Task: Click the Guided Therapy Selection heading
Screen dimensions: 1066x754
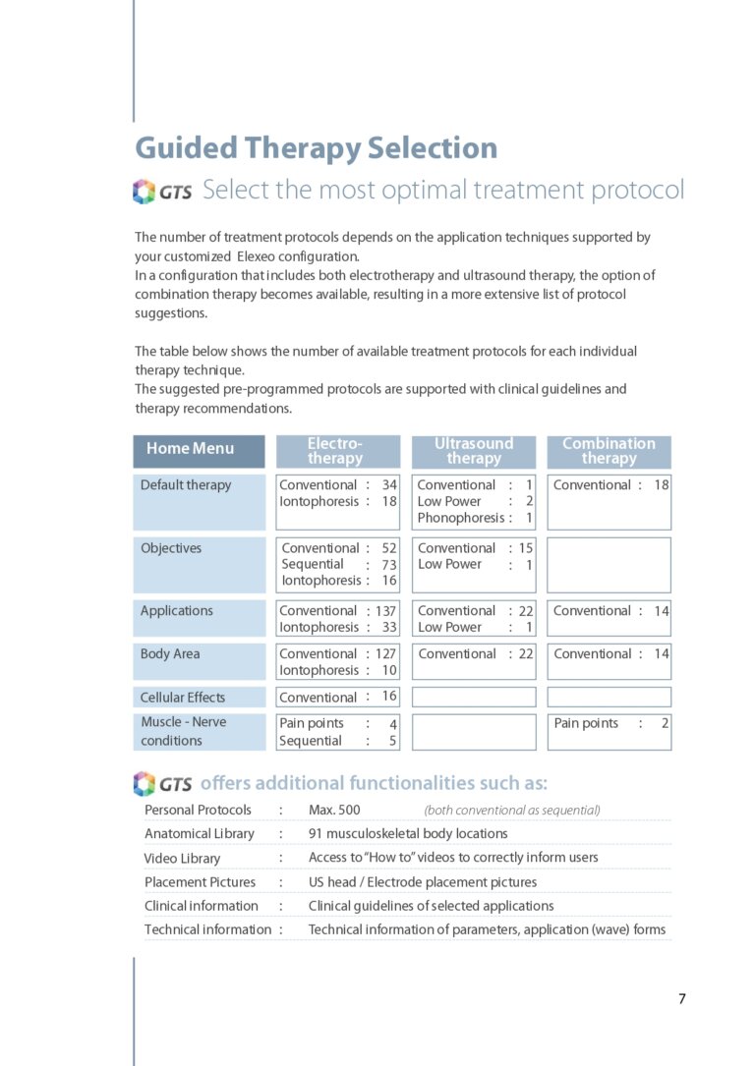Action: coord(316,148)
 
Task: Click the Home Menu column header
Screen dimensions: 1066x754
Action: coord(199,449)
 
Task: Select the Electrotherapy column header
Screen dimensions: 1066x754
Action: coord(335,451)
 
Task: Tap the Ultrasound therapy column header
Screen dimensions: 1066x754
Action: coord(473,451)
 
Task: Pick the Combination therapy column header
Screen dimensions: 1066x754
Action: coord(609,451)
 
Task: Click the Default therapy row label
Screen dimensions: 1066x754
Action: coord(186,484)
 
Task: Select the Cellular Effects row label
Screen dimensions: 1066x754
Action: coord(183,698)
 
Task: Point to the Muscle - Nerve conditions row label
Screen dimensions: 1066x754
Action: coord(184,731)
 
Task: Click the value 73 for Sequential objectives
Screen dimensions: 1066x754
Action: coord(389,565)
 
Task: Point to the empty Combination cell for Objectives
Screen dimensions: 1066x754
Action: coord(609,565)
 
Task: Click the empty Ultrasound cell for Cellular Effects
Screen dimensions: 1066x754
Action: coord(473,698)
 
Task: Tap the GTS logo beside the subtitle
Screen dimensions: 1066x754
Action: coord(162,192)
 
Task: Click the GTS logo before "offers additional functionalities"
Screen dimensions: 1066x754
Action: coord(162,784)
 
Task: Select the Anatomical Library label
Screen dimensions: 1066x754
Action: coord(200,834)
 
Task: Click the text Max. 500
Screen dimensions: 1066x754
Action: coord(334,811)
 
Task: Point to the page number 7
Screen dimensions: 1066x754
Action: coord(682,999)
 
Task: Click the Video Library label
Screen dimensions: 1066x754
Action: coord(183,859)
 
